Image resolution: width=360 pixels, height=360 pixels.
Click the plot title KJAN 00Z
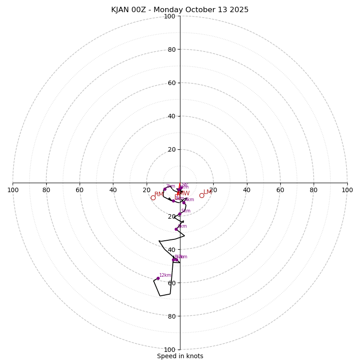click(180, 10)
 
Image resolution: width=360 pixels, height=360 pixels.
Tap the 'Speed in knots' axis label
click(180, 356)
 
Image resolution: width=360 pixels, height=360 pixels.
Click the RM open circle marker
click(153, 198)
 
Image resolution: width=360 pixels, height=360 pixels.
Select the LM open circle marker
click(202, 195)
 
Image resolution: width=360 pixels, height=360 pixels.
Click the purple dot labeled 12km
click(158, 278)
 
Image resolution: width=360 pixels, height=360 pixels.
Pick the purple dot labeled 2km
click(165, 189)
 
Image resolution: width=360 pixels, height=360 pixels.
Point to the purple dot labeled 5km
click(180, 214)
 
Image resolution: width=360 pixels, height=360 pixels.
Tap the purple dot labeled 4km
click(184, 202)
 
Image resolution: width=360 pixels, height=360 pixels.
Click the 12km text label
click(165, 275)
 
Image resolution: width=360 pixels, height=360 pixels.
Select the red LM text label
click(207, 192)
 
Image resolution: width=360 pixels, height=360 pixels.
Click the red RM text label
click(159, 194)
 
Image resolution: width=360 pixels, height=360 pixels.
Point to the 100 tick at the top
click(170, 16)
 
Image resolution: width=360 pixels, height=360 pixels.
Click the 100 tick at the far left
click(13, 190)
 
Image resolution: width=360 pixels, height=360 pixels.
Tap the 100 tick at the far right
click(347, 190)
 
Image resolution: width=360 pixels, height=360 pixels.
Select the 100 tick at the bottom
click(170, 350)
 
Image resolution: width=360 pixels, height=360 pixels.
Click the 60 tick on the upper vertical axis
click(171, 83)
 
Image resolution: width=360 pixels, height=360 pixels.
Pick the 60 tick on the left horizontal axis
click(80, 190)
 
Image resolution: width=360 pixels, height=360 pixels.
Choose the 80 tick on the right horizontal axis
click(314, 190)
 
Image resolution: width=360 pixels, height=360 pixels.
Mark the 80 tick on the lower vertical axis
click(171, 316)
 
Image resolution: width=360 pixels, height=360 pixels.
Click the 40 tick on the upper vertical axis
click(171, 116)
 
